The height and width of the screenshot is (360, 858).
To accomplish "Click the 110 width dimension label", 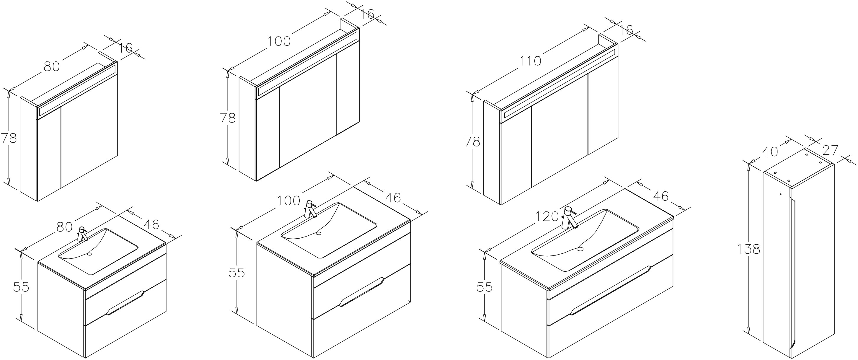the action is [x=531, y=71].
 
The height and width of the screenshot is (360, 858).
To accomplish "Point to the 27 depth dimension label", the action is [x=830, y=150].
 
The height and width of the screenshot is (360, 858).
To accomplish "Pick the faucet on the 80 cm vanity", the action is [x=82, y=234].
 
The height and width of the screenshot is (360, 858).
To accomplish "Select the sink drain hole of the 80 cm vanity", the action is [x=89, y=254].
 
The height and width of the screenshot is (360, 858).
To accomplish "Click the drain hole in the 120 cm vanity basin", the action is [x=580, y=249].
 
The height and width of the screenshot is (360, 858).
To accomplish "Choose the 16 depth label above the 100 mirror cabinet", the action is [x=366, y=14].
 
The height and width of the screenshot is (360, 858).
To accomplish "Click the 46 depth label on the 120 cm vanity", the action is [x=660, y=196].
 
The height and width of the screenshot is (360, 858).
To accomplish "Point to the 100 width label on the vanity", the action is [x=289, y=201].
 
